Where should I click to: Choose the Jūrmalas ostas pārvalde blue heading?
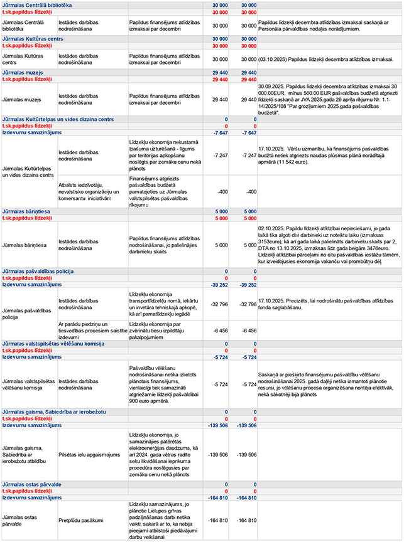point(35,485)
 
